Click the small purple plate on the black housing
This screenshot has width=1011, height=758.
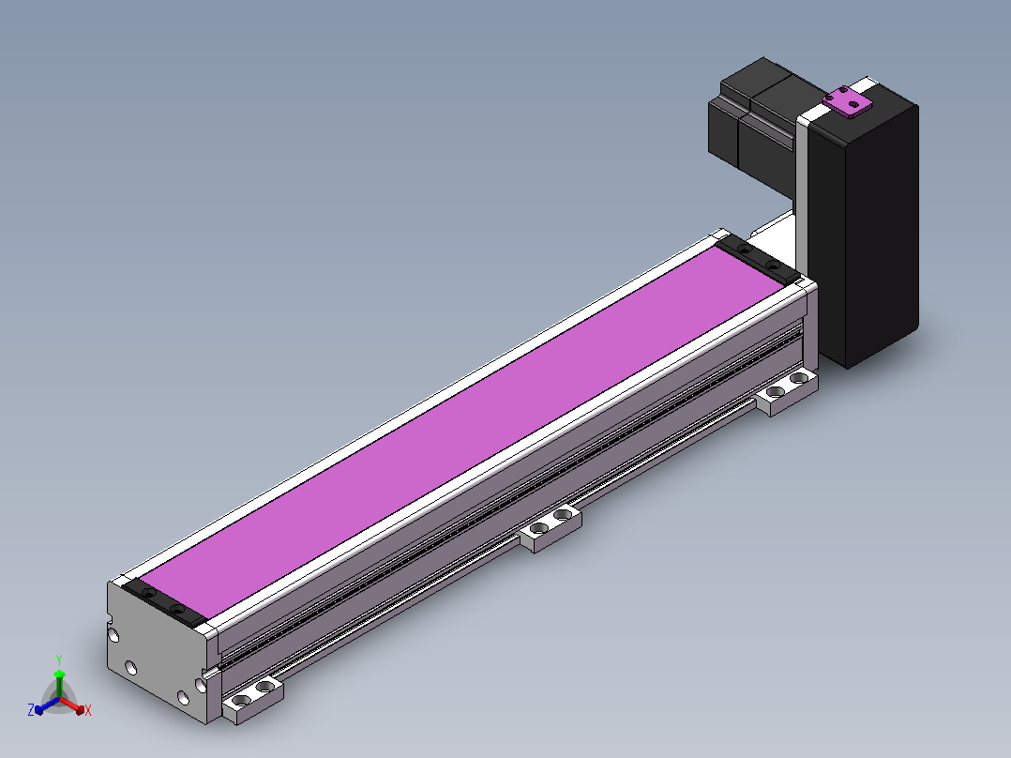pyautogui.click(x=847, y=101)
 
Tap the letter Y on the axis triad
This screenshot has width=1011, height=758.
pyautogui.click(x=59, y=659)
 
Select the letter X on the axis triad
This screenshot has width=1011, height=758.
pyautogui.click(x=88, y=710)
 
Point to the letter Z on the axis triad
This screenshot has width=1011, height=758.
pyautogui.click(x=31, y=710)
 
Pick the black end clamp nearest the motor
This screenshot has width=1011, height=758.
pyautogui.click(x=758, y=259)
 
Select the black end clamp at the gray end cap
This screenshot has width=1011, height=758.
pyautogui.click(x=164, y=602)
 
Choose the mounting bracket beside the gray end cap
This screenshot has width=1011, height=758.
pyautogui.click(x=253, y=699)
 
